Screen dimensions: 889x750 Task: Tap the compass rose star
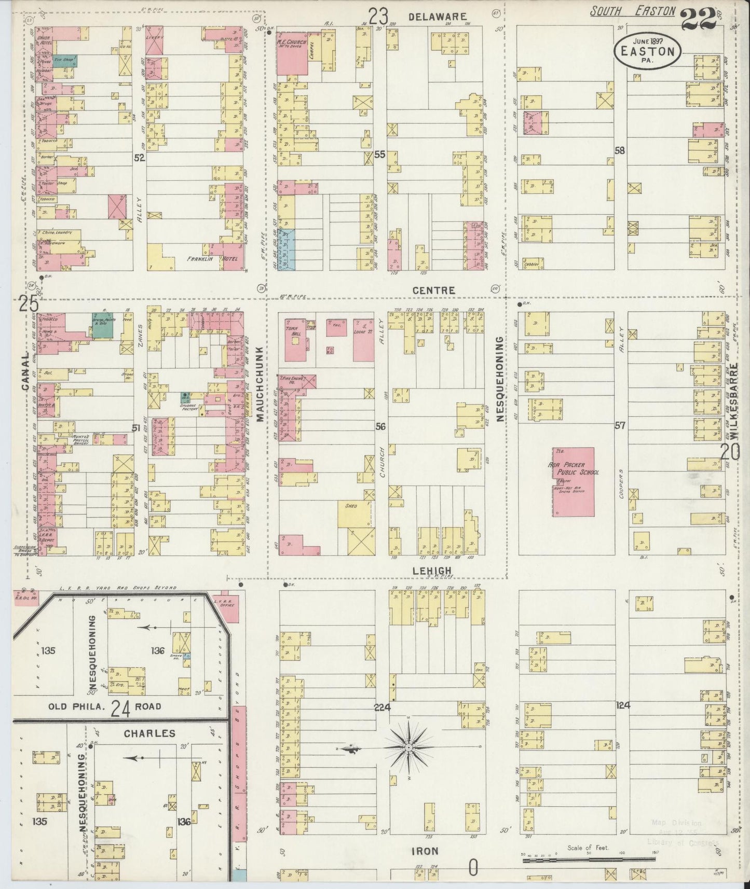[408, 747]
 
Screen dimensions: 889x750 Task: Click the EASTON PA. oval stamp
[646, 52]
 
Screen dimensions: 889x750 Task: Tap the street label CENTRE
[433, 290]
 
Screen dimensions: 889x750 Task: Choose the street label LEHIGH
[432, 571]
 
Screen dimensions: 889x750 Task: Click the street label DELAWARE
[437, 17]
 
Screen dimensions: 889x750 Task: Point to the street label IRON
[425, 851]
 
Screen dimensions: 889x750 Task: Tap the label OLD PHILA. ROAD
[105, 706]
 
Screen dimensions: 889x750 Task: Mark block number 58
[619, 151]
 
